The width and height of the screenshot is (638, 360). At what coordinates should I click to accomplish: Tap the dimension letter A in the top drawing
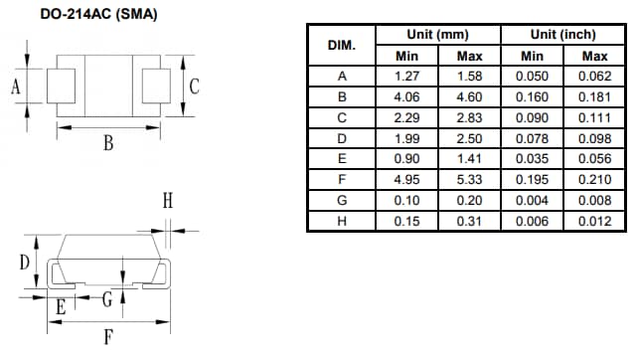coord(16,88)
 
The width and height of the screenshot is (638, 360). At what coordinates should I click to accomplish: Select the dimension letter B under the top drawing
coord(107,143)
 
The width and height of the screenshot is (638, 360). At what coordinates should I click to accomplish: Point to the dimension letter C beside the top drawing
coord(195,87)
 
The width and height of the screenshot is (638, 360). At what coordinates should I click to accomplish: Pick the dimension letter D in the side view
coord(23,263)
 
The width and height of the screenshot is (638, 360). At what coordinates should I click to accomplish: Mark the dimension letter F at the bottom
coord(107,336)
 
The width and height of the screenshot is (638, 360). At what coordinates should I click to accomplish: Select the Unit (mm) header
coord(437,35)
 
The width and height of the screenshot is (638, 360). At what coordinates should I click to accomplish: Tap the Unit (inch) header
coord(563,35)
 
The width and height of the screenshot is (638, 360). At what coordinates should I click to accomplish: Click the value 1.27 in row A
coord(406,76)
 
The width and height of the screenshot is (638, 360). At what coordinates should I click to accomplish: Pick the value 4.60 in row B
coord(469,96)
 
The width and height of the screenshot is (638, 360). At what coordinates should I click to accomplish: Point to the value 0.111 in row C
coord(594,117)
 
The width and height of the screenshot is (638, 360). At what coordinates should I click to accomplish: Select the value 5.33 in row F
coord(469,179)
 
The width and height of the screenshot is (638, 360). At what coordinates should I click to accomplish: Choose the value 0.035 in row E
coord(532,158)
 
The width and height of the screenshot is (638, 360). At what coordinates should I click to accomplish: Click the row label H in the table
coord(343,221)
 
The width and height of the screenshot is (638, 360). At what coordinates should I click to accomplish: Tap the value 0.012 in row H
coord(594,221)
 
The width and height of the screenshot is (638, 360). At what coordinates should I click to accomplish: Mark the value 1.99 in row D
coord(406,137)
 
